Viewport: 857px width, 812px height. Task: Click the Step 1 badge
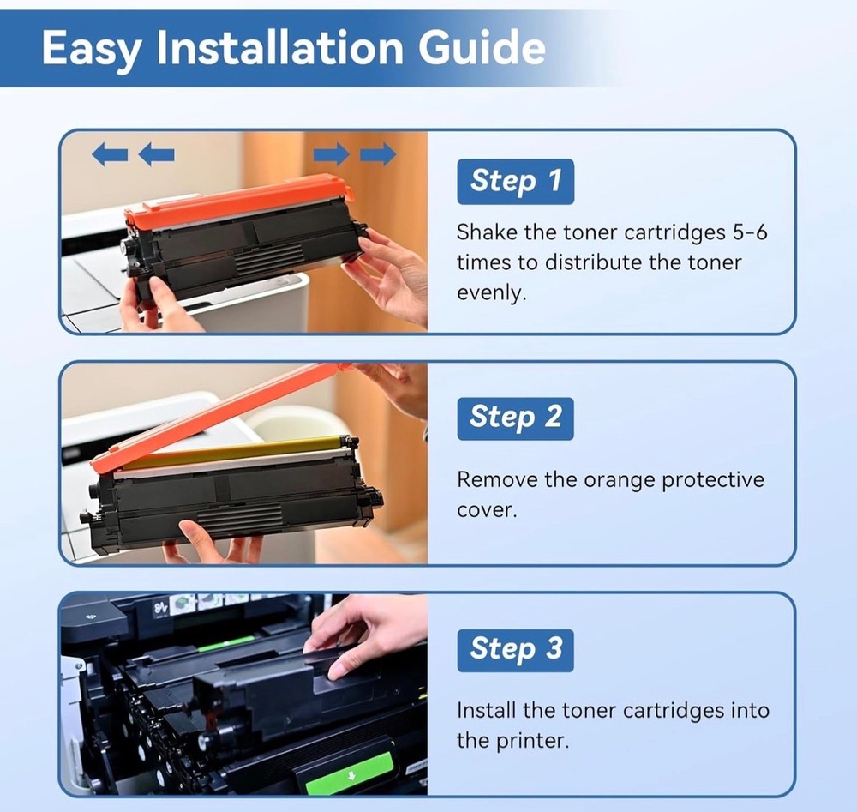(x=515, y=182)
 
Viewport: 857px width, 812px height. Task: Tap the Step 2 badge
(x=515, y=418)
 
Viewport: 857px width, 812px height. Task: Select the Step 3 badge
(x=515, y=650)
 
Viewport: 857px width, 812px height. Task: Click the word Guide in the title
(x=482, y=47)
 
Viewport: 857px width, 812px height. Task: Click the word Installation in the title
(x=280, y=47)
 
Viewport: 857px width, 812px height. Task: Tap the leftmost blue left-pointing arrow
(x=110, y=154)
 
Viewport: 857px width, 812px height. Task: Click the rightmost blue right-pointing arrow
(x=378, y=154)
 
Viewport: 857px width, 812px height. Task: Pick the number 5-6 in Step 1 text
(x=750, y=232)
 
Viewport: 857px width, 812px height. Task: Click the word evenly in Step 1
(x=491, y=293)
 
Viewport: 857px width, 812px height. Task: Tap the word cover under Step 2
(x=487, y=511)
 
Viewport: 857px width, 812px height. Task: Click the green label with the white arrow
(x=351, y=773)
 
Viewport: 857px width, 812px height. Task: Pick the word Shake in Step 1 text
(x=487, y=232)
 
